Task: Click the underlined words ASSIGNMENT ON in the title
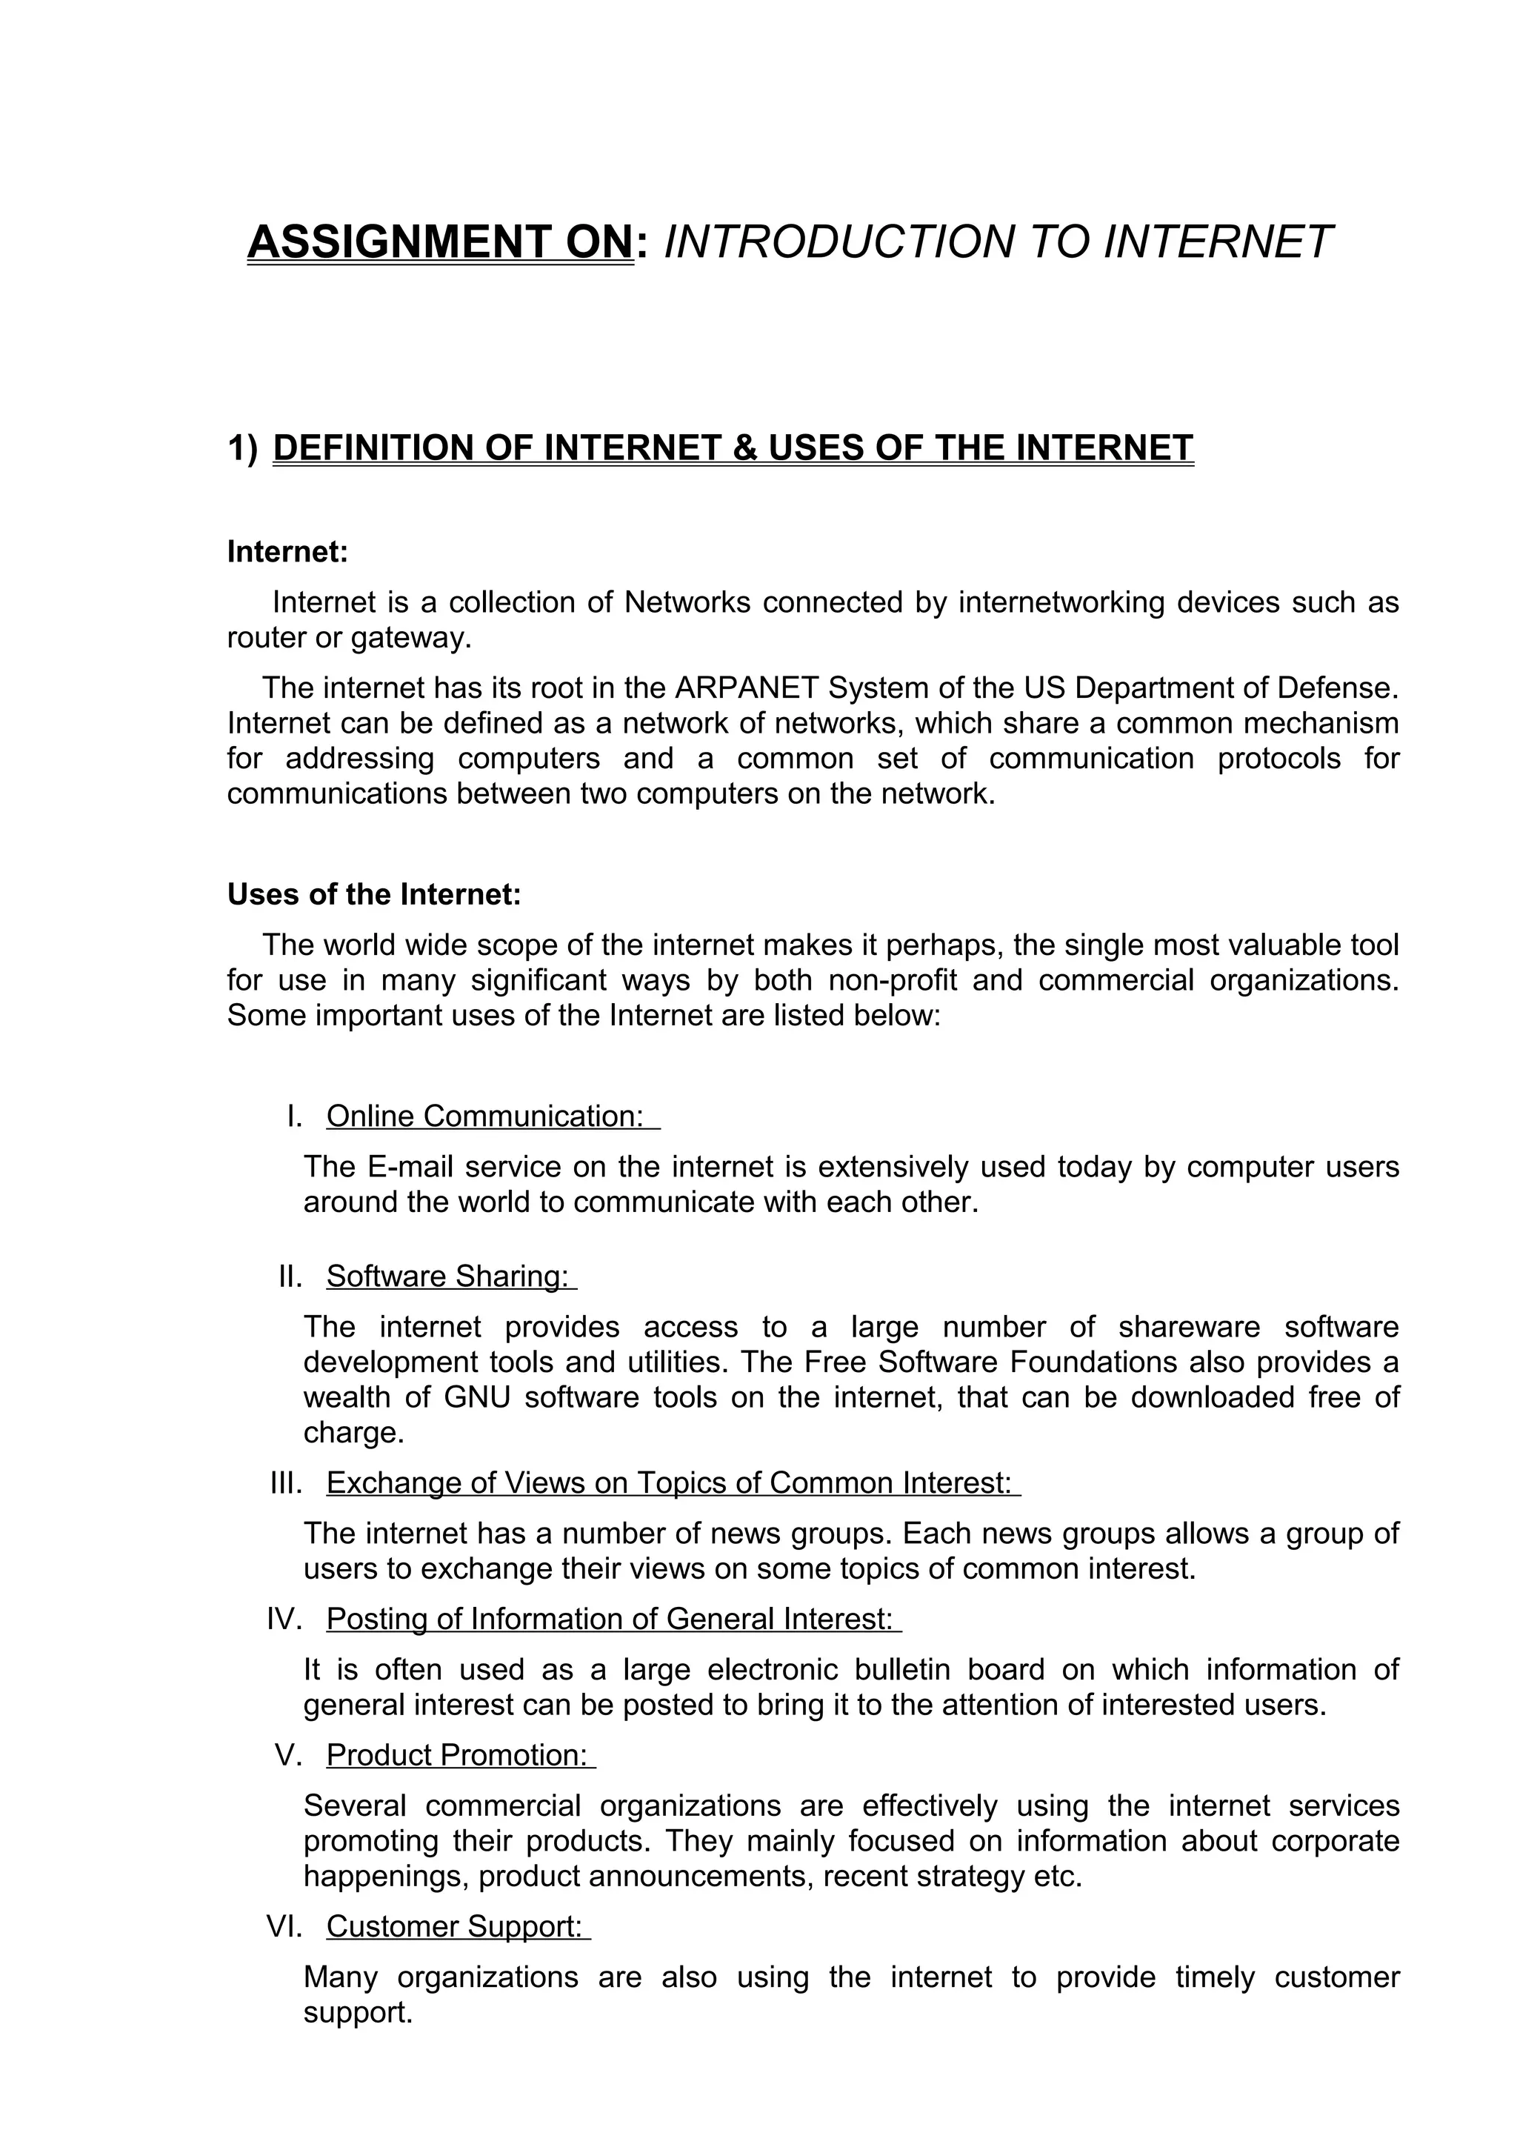point(439,242)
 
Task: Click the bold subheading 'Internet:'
point(287,552)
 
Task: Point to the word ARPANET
point(745,688)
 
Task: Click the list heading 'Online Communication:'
point(485,1116)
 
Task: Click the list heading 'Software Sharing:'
point(447,1276)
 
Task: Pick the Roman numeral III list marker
point(285,1483)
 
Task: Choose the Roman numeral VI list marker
point(284,1926)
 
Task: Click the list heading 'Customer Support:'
point(454,1926)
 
